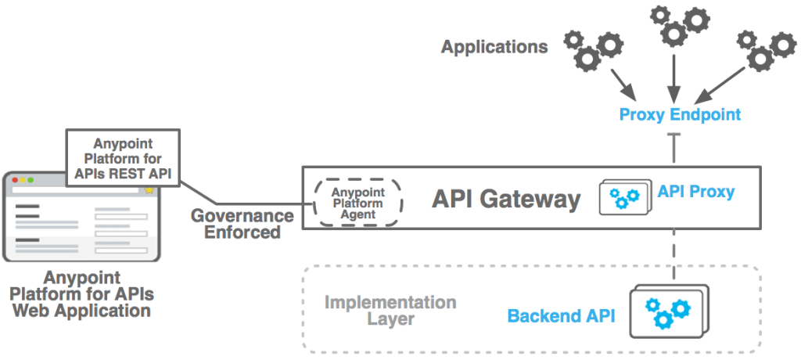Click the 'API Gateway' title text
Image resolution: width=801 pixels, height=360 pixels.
click(506, 200)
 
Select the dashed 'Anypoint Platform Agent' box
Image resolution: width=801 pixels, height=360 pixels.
click(357, 203)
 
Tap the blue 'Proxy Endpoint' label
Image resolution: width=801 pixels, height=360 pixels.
click(679, 115)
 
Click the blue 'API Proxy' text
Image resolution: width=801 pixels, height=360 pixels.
click(696, 191)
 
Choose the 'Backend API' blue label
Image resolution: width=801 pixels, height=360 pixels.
click(561, 316)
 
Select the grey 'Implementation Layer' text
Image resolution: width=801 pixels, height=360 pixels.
click(390, 311)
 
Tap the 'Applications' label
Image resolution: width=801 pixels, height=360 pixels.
click(494, 47)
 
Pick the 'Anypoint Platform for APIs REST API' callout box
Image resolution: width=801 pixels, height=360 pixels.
click(123, 159)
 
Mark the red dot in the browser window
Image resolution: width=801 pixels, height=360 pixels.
click(14, 180)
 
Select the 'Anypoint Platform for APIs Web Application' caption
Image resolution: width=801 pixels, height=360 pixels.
click(81, 294)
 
